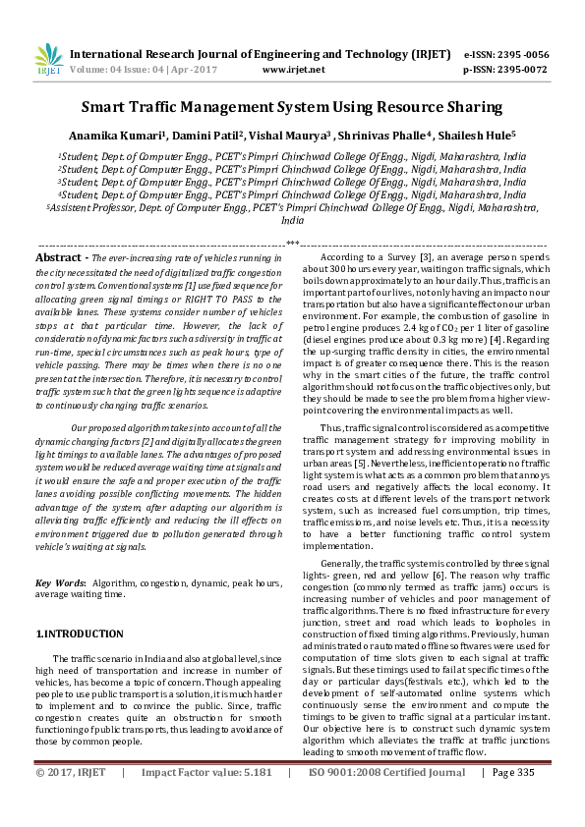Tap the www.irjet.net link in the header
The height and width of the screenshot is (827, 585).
point(294,70)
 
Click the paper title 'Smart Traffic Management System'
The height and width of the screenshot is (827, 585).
point(291,107)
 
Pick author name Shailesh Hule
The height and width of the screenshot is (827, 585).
point(483,136)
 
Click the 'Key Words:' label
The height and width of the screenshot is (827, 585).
point(59,583)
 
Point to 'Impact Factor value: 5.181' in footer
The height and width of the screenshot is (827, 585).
point(218,800)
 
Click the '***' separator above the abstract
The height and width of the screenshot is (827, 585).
point(292,243)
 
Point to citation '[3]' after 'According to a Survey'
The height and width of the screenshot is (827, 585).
point(425,256)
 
